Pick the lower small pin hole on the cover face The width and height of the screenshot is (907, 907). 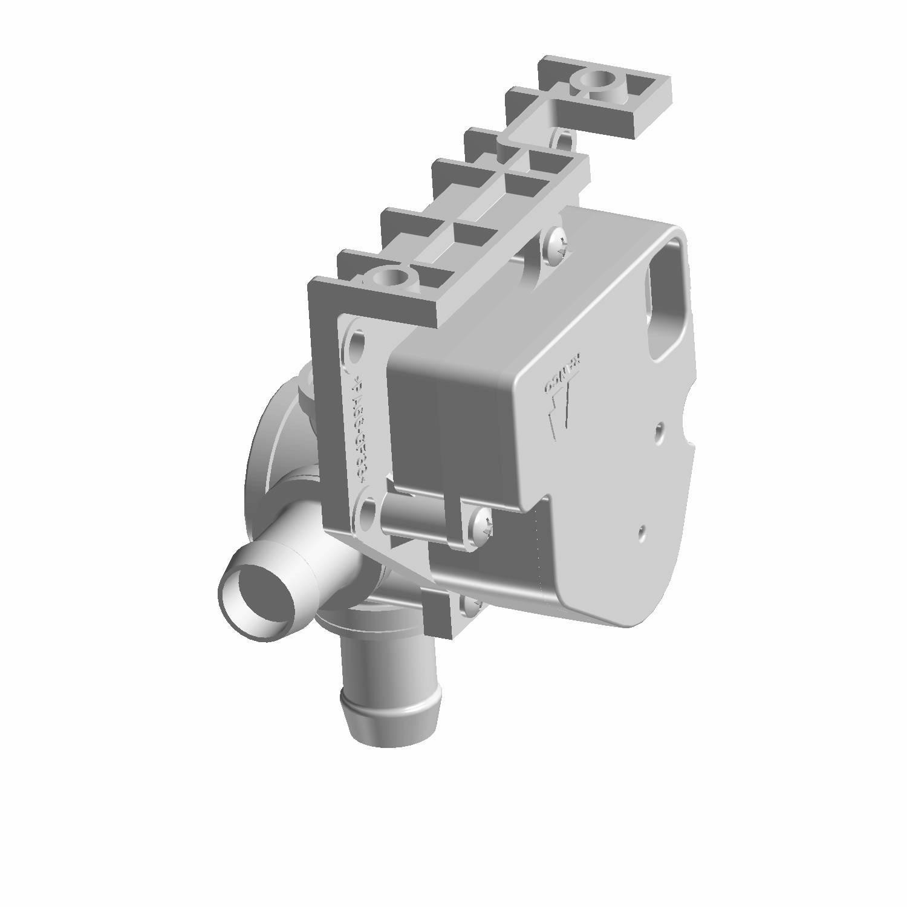point(642,533)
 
